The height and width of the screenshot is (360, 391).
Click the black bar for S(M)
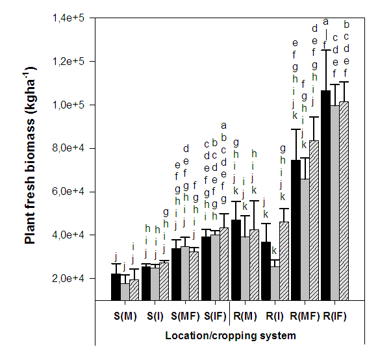coord(116,287)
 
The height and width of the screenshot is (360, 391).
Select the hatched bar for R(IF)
coord(344,201)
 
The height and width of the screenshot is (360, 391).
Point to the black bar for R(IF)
coord(325,195)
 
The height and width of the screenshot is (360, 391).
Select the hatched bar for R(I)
coord(284,261)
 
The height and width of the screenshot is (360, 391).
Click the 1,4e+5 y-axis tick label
coord(69,18)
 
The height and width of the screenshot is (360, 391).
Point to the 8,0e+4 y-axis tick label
coord(69,148)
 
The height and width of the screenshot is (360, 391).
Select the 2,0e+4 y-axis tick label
coord(69,278)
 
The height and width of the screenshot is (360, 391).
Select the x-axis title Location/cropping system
coord(230,336)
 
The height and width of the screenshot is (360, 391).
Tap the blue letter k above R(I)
coord(275,251)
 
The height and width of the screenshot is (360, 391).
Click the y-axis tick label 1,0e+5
coord(69,105)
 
